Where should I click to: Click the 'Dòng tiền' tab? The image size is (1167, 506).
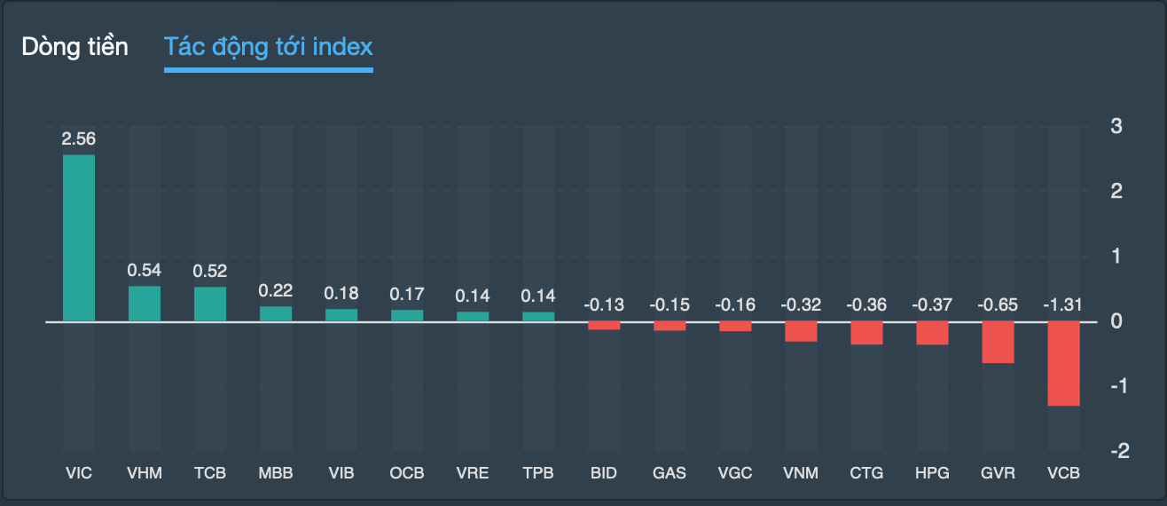coord(75,47)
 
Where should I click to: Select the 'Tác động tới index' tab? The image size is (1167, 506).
coord(268,47)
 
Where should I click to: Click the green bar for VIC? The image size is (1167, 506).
coord(79,238)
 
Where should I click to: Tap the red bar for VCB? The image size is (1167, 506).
coord(1063,363)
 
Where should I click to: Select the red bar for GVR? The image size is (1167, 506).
coord(998,342)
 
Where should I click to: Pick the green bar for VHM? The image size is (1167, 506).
coord(145,304)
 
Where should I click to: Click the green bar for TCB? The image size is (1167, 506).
coord(210,304)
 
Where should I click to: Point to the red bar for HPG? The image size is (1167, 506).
coord(932,333)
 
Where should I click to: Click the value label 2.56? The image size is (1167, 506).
coord(79,138)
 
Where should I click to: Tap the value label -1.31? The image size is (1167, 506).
coord(1063,304)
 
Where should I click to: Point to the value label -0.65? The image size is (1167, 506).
coord(998,304)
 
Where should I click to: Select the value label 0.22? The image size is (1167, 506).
coord(276,290)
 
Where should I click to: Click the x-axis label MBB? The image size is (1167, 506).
coord(276,473)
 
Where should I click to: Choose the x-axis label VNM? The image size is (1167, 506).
coord(801,473)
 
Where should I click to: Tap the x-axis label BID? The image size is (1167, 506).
coord(604,473)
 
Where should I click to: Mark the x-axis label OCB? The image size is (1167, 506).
coord(407,473)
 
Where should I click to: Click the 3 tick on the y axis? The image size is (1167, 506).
coord(1116,126)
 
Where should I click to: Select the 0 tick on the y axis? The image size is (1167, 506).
coord(1116,320)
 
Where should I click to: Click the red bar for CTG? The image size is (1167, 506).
coord(866,333)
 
